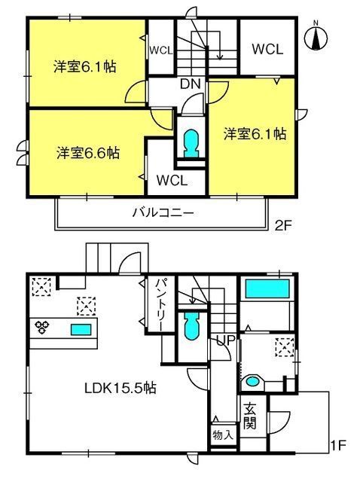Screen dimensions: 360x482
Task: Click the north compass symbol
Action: (x=316, y=37)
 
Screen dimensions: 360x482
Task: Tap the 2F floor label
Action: (x=283, y=226)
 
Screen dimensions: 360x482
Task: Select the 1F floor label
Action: (x=338, y=445)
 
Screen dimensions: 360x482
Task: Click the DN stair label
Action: (x=191, y=84)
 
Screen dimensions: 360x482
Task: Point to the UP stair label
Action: (x=226, y=340)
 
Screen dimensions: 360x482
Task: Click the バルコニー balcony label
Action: (x=163, y=212)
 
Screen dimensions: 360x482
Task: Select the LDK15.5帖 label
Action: (x=121, y=389)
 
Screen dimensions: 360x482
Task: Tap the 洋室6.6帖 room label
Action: (x=88, y=153)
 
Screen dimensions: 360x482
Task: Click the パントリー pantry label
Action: (x=160, y=304)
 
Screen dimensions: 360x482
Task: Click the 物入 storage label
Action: (x=223, y=435)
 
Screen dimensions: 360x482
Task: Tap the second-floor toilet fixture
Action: (x=191, y=144)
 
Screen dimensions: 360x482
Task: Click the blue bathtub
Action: (x=267, y=288)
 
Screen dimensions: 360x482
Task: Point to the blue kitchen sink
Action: (x=81, y=330)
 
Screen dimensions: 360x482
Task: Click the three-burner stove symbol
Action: (x=42, y=327)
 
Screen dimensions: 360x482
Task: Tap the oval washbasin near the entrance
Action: (x=253, y=382)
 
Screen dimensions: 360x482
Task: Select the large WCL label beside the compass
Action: (x=267, y=49)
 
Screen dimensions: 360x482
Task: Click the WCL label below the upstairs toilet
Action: (x=172, y=181)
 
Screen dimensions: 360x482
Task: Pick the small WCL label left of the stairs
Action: (x=161, y=50)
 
